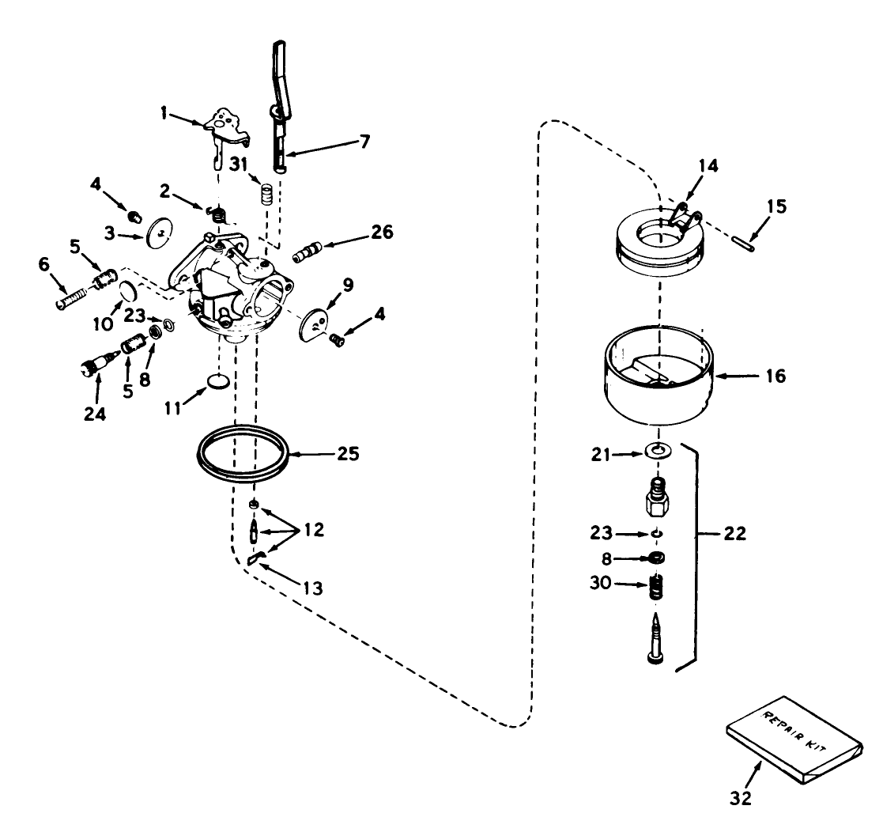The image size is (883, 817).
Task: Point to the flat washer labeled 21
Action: click(655, 452)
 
